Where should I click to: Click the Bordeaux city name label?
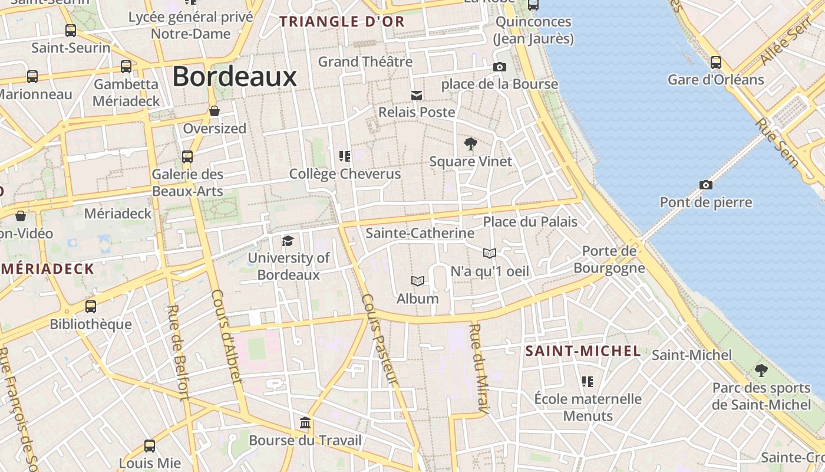pos(235,77)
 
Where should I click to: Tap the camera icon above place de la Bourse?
pos(499,67)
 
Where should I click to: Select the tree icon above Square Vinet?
pos(470,143)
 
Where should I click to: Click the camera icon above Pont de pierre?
pos(705,185)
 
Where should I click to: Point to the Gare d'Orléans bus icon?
pos(715,62)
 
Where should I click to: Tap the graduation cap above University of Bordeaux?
pos(288,241)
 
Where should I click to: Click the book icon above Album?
pos(418,281)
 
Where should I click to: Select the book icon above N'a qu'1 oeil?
pos(489,253)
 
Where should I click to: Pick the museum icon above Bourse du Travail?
pos(305,422)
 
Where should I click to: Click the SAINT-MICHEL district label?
pos(583,351)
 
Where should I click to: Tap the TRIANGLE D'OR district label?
pos(342,22)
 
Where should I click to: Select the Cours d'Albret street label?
pos(226,336)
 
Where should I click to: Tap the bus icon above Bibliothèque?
pos(90,307)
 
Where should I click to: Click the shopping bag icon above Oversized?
pos(214,111)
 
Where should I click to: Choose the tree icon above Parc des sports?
pos(761,371)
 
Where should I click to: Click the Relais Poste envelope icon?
pos(417,96)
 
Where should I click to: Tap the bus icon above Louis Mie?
pos(150,446)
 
